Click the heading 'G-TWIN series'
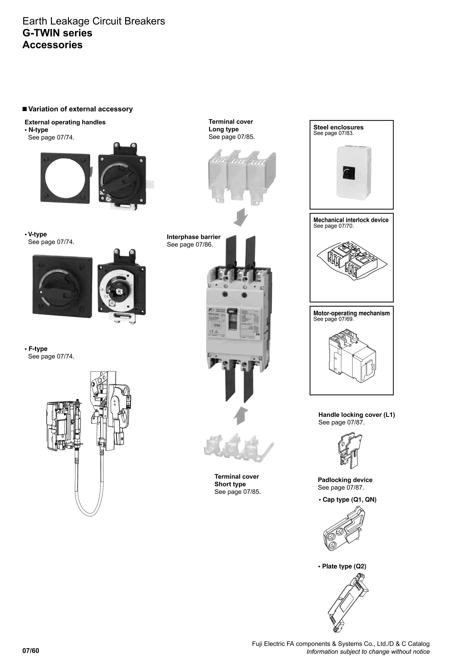coord(57,33)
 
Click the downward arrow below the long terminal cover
coord(241,217)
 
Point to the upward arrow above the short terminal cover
coord(241,416)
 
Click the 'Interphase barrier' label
coord(194,237)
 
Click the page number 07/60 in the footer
coord(31,651)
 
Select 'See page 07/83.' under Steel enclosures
coord(333,133)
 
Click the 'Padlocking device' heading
coord(345,480)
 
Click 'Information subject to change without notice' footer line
coord(368,652)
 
